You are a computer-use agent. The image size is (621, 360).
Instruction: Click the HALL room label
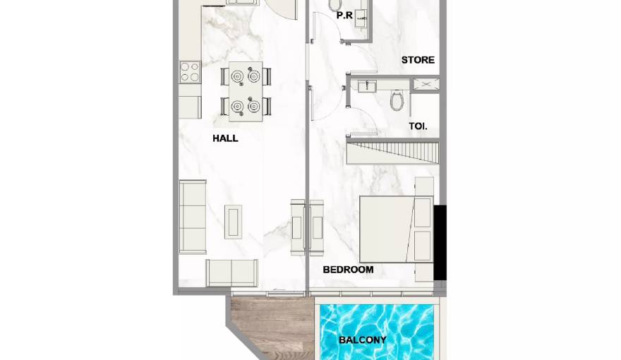click(225, 138)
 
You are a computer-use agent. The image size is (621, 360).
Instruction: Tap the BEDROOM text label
click(348, 270)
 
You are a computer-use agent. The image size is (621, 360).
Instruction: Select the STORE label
click(418, 60)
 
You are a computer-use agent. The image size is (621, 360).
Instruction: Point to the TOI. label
click(418, 126)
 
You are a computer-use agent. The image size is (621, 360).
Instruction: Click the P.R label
click(344, 16)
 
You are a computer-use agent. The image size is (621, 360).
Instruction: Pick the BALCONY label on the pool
click(363, 340)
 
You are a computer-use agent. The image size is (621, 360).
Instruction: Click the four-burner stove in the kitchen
click(189, 72)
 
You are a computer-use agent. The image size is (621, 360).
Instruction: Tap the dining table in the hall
click(246, 92)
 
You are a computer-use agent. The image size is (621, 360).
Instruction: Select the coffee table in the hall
click(234, 222)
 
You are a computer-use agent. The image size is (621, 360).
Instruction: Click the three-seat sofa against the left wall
click(193, 217)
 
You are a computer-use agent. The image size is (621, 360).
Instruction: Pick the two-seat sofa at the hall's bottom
click(231, 273)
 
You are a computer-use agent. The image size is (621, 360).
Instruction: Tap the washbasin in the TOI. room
click(367, 86)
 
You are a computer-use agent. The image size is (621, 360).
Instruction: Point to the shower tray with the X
click(426, 85)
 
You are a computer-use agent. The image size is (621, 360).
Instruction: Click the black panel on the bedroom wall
click(440, 243)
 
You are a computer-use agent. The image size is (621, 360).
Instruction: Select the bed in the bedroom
click(396, 229)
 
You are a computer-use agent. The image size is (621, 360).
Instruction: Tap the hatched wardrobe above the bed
click(392, 153)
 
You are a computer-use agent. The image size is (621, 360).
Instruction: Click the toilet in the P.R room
click(335, 5)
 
